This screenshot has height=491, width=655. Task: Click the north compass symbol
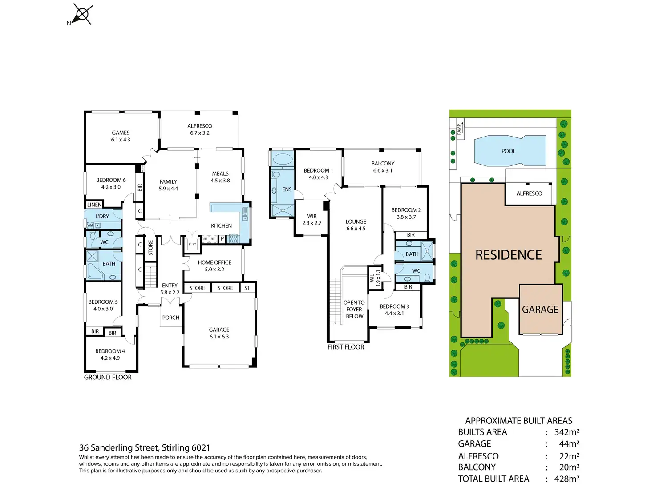point(82,15)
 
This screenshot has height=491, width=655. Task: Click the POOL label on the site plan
point(509,151)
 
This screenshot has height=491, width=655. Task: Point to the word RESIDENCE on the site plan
point(509,255)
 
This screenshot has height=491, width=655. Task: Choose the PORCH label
point(171,318)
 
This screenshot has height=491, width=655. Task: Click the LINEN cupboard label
point(94,205)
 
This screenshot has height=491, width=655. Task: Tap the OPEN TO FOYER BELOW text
point(354,309)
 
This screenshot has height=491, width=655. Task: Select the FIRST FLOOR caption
point(346,347)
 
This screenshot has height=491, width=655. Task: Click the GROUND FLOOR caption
point(108,377)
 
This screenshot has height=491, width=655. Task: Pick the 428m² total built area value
point(567,479)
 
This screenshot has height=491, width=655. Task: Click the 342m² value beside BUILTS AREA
point(567,432)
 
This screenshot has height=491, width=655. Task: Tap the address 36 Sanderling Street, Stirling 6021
point(145,448)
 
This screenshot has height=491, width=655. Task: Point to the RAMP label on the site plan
point(459,129)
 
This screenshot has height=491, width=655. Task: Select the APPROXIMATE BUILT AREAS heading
point(518,420)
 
